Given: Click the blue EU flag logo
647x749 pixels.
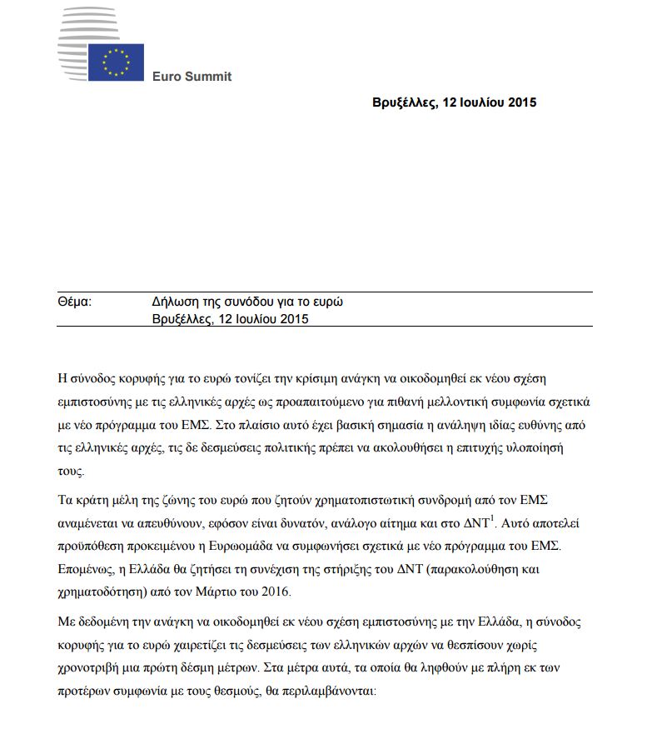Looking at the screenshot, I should coord(116,62).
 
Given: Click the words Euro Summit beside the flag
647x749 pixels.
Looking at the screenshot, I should coord(192,77).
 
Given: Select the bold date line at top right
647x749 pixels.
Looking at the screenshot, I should coord(455,102).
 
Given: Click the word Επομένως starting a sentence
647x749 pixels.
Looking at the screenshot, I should coord(91,570).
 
